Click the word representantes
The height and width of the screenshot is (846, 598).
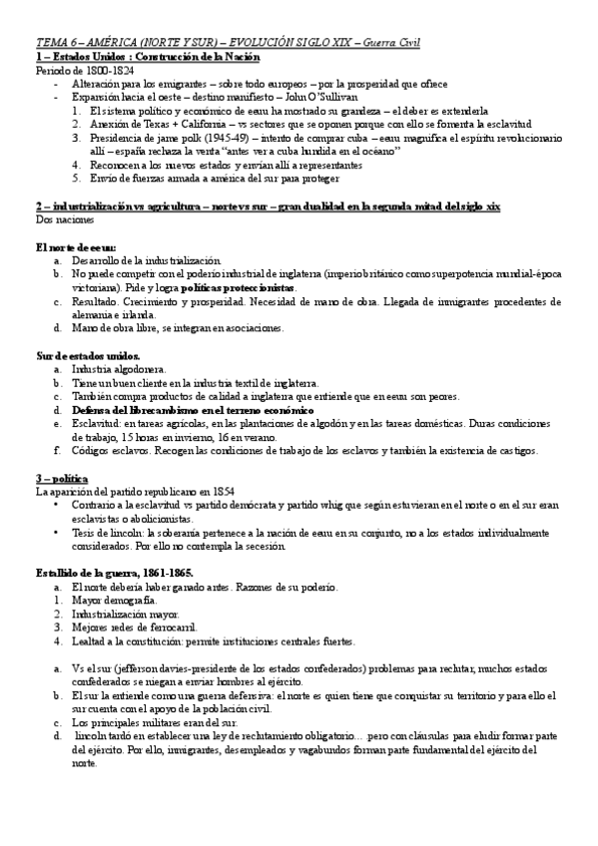[299, 165]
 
